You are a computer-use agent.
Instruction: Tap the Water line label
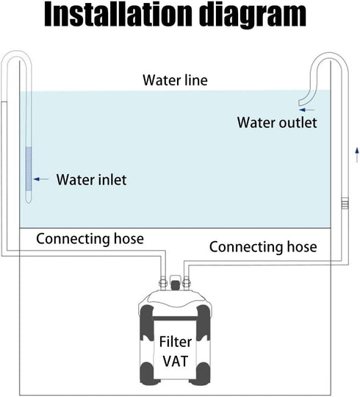pyautogui.click(x=175, y=80)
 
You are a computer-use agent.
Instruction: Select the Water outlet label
pyautogui.click(x=277, y=123)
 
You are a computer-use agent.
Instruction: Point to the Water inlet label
pyautogui.click(x=91, y=180)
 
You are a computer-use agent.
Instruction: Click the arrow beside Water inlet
pyautogui.click(x=41, y=179)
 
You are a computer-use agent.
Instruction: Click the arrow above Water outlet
pyautogui.click(x=306, y=110)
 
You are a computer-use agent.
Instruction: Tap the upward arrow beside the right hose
pyautogui.click(x=357, y=154)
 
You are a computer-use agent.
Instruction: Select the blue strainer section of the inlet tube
pyautogui.click(x=29, y=168)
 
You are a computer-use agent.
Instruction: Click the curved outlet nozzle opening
pyautogui.click(x=300, y=103)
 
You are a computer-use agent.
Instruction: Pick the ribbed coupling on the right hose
pyautogui.click(x=345, y=204)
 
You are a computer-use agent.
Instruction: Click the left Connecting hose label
pyautogui.click(x=90, y=239)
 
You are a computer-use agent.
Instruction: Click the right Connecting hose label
pyautogui.click(x=263, y=247)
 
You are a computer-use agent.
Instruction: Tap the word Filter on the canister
pyautogui.click(x=176, y=342)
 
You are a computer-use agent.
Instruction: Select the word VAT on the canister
pyautogui.click(x=176, y=361)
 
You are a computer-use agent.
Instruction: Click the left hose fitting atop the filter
pyautogui.click(x=162, y=282)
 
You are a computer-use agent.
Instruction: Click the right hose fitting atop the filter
pyautogui.click(x=186, y=282)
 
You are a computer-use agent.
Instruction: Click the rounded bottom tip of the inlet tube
pyautogui.click(x=29, y=199)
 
